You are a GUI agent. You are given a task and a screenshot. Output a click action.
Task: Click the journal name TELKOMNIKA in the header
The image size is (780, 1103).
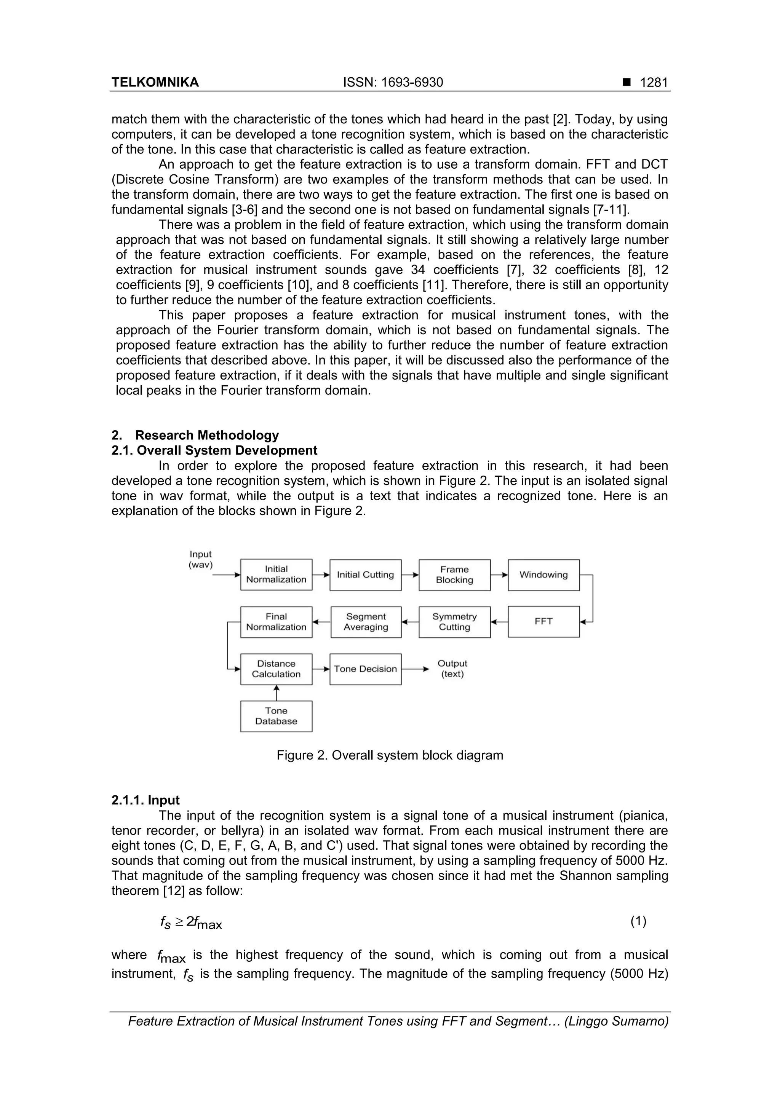coord(155,83)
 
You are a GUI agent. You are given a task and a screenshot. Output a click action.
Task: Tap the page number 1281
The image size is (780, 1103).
coord(654,83)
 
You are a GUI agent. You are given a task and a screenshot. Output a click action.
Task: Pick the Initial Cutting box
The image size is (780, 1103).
coord(365,575)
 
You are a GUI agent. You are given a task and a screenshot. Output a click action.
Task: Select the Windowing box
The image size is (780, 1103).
coord(543,575)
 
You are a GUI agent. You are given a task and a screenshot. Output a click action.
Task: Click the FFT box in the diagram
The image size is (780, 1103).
coord(543,622)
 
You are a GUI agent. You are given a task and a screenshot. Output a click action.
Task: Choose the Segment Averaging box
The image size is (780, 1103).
coord(366,622)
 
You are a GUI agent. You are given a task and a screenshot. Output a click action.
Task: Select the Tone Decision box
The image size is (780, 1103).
coord(365,669)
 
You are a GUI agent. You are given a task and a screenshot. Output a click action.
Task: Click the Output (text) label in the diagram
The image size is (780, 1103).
coord(452,669)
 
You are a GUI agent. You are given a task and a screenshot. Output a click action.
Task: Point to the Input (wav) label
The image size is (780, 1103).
coord(200,560)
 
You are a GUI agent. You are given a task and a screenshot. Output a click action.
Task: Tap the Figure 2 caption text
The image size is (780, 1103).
coord(390,755)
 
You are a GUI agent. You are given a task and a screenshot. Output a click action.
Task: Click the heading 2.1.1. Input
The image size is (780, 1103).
coord(145,800)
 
